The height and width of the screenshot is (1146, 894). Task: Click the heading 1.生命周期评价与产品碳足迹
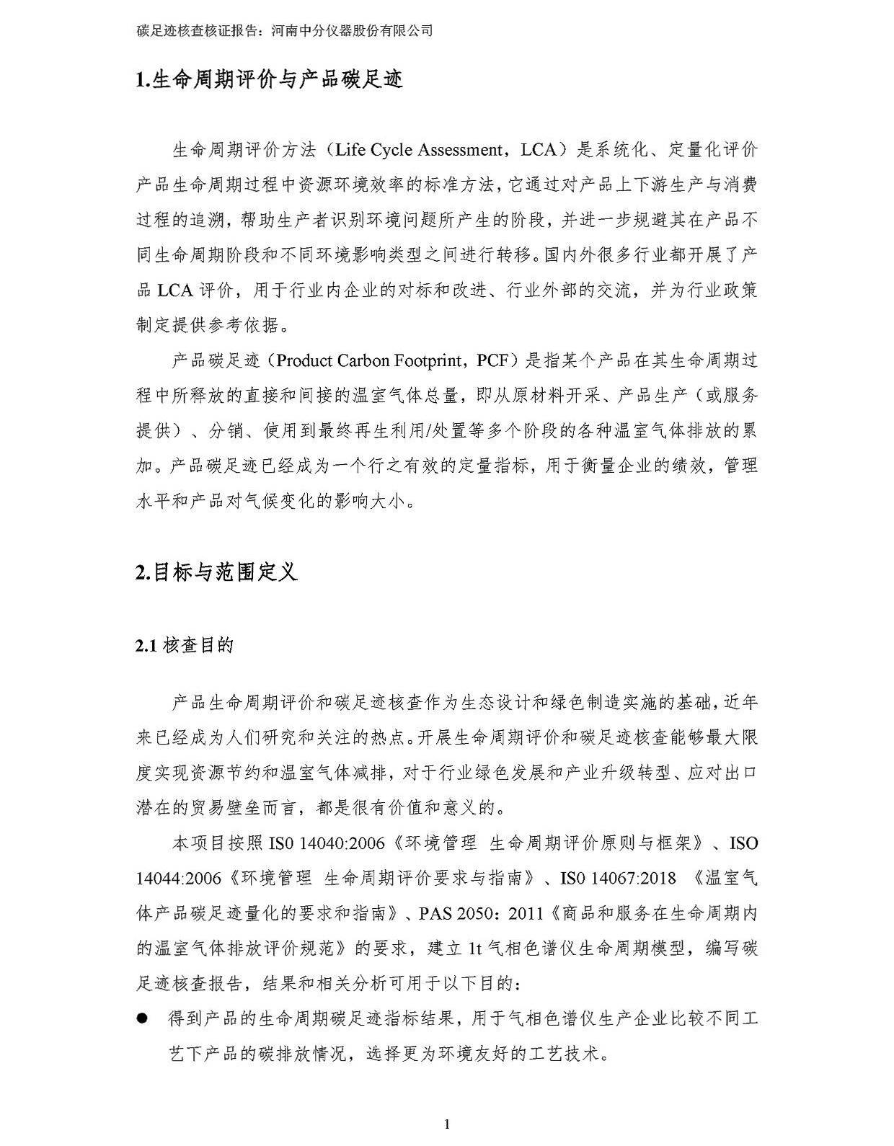[x=268, y=79]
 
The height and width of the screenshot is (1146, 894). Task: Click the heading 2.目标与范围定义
[x=216, y=572]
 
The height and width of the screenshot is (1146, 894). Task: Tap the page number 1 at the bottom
[x=447, y=1124]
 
